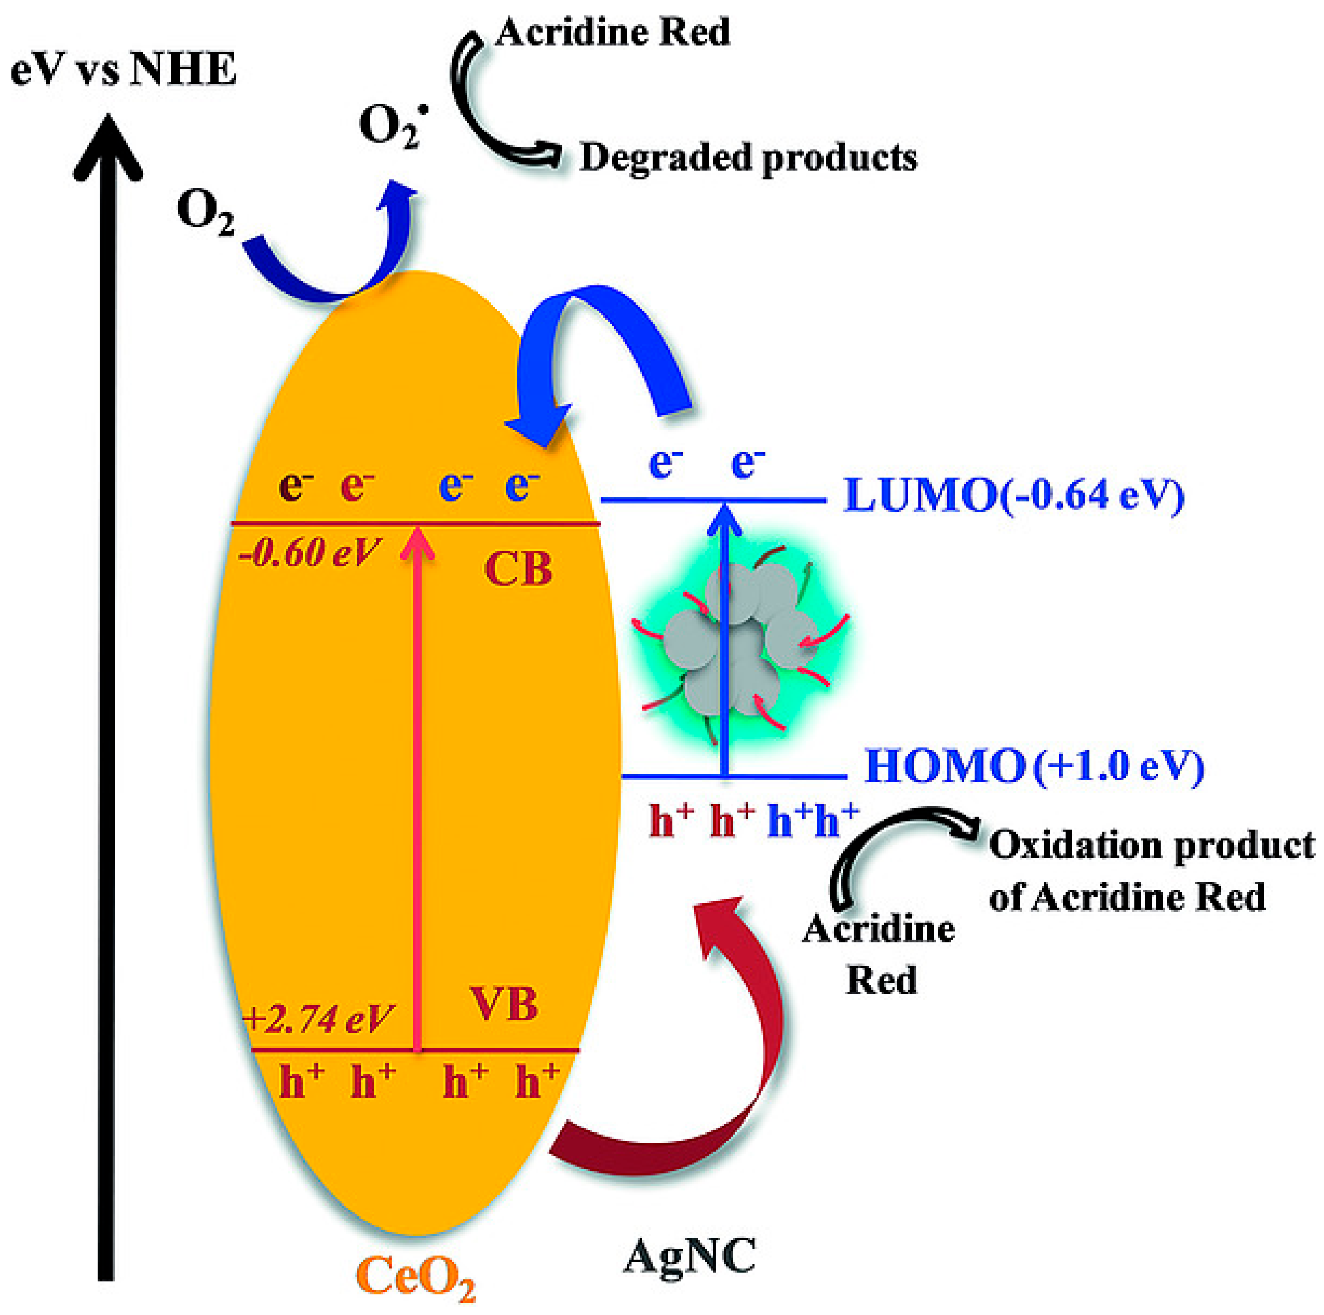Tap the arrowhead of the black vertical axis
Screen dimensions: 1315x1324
(107, 147)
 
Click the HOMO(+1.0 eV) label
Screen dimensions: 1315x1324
(1034, 766)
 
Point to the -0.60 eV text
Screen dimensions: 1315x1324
(309, 552)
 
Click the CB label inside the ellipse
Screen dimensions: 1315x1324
(518, 569)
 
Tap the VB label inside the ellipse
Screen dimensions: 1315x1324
(504, 1005)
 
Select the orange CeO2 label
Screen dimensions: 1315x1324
(416, 1277)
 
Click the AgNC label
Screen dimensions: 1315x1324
(689, 1256)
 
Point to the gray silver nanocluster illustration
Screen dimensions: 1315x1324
(740, 645)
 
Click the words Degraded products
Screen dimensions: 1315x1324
(748, 158)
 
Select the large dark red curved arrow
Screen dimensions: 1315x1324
(713, 1069)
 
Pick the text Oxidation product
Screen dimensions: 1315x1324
(1151, 845)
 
